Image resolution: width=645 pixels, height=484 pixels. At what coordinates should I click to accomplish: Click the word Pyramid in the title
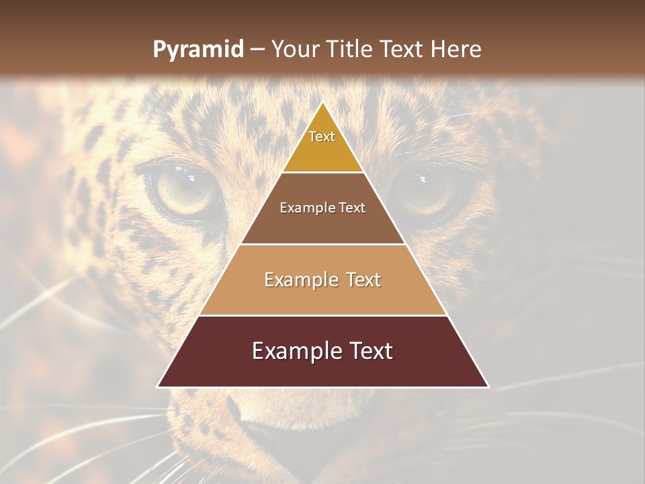198,50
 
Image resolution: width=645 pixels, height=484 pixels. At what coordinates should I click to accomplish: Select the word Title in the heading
353,50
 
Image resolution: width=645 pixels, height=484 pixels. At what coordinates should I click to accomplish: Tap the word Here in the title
457,50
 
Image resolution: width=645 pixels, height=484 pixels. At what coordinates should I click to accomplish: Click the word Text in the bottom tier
370,351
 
